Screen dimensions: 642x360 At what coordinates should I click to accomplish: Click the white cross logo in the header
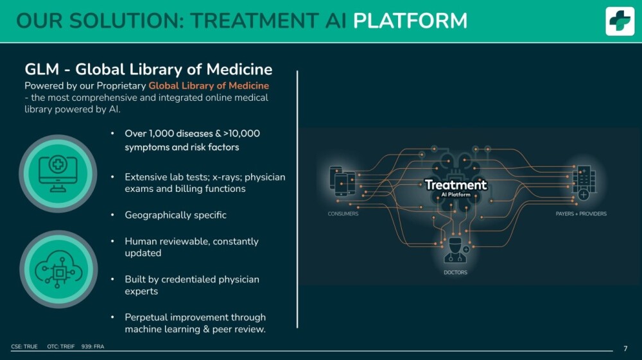620,21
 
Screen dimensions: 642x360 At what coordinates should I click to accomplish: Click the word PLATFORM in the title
410,21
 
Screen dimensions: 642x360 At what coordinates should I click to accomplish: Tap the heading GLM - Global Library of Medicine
148,69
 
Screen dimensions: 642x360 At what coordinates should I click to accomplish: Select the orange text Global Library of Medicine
209,85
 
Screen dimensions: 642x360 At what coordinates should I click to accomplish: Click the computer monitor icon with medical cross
58,173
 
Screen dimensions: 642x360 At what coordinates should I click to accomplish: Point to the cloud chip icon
58,269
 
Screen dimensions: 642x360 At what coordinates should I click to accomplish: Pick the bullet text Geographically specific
176,215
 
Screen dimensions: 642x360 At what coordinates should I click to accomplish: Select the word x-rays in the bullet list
227,177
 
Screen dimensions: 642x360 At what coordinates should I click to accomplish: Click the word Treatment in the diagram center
456,185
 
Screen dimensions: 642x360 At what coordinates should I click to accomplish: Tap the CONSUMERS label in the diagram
343,214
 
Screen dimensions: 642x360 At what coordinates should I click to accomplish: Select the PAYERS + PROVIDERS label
581,214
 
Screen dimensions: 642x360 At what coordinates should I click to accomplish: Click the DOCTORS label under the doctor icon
455,272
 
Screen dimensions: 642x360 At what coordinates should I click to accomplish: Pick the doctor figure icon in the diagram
455,250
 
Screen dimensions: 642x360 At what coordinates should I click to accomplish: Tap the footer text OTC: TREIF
60,347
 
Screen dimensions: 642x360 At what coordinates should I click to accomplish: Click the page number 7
625,348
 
